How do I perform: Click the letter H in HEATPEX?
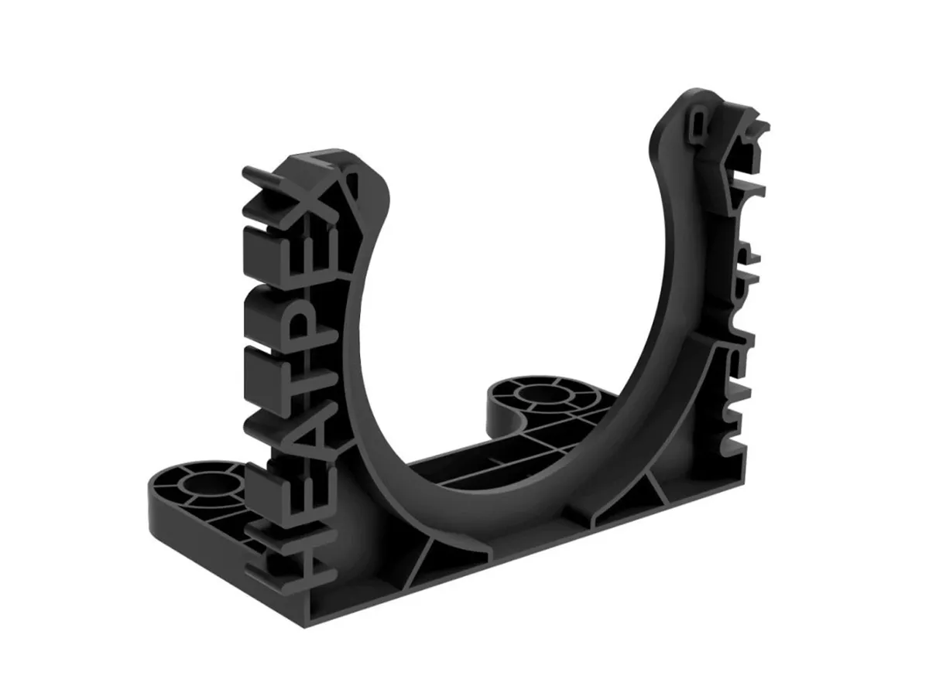(288, 554)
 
